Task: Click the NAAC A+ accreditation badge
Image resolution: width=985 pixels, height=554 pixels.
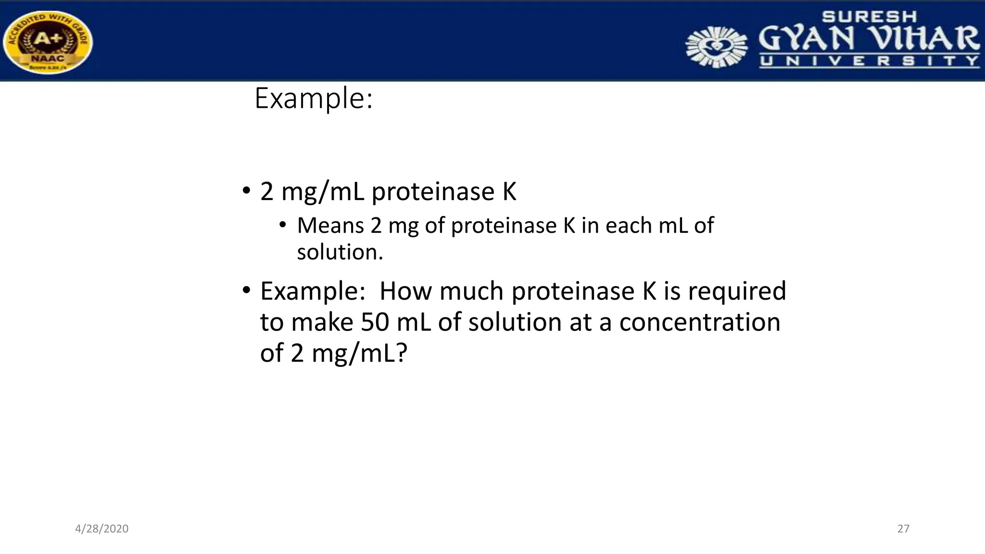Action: point(48,42)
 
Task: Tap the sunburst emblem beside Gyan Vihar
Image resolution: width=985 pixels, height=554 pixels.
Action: point(716,47)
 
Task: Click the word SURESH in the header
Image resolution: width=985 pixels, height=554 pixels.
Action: point(869,17)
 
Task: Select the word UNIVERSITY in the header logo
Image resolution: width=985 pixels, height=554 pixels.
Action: point(869,61)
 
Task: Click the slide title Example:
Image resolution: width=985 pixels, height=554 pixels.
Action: point(314,98)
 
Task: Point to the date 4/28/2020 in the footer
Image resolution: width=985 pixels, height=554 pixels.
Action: point(101,529)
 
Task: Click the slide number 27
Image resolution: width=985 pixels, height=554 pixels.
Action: point(903,529)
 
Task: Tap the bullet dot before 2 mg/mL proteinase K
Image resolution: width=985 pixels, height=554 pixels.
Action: point(246,191)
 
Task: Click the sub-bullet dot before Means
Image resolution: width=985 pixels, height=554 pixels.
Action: point(283,225)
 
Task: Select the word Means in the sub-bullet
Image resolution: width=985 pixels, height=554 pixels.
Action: point(330,225)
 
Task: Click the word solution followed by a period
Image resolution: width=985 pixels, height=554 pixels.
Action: point(340,252)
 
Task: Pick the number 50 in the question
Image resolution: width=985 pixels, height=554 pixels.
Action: point(375,322)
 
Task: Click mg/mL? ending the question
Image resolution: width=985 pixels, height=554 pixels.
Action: point(359,353)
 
